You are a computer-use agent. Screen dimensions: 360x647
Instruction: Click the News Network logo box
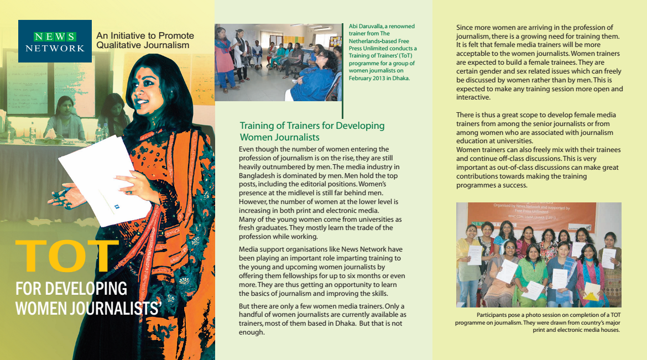pos(55,41)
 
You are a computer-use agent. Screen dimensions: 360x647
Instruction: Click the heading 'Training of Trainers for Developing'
pos(312,126)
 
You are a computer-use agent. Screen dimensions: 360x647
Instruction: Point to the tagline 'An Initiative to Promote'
pos(145,36)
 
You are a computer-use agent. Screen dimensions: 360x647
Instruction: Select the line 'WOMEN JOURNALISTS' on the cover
pos(87,307)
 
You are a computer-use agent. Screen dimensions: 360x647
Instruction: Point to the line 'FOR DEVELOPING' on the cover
pos(71,289)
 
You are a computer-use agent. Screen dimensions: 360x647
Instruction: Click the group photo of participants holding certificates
pos(539,254)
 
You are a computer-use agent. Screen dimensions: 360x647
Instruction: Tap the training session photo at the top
pos(278,62)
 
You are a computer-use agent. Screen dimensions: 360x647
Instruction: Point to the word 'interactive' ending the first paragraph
pos(473,97)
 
